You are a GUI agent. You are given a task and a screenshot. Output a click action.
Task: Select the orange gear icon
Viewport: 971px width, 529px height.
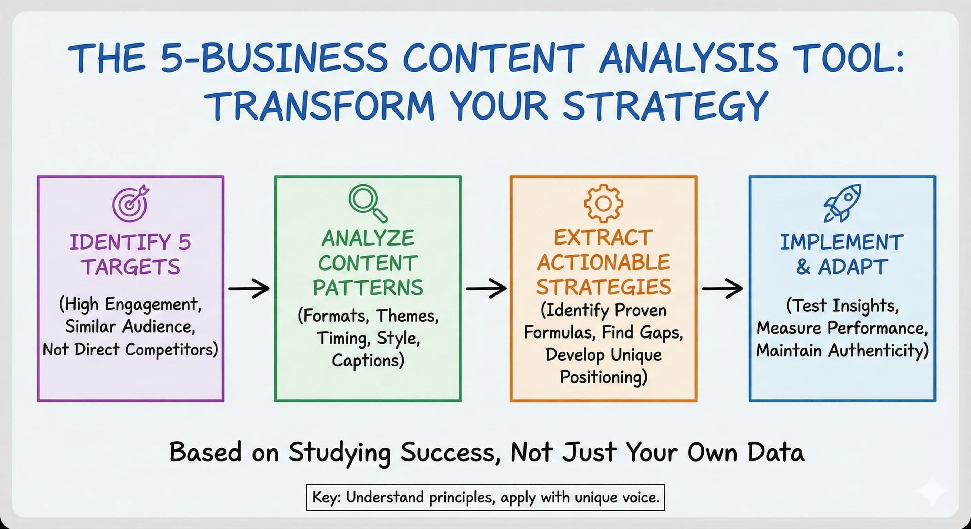(603, 203)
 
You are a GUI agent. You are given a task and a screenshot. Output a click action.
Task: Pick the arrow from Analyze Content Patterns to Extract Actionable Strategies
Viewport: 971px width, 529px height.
(486, 288)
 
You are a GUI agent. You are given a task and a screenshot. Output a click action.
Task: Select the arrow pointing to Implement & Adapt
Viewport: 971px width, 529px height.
(723, 288)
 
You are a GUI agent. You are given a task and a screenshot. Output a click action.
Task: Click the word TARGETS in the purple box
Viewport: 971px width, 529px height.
(131, 267)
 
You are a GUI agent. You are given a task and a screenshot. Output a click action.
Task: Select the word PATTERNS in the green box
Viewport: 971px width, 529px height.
(368, 288)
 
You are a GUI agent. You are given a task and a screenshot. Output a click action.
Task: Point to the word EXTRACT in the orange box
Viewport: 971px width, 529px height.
(603, 238)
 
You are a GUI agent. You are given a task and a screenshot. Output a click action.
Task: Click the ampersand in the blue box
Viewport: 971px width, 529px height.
(802, 267)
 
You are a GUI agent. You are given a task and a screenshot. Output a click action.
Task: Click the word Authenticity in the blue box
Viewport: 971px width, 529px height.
(878, 350)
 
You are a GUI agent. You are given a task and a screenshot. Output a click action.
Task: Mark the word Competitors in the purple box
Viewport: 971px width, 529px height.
(171, 350)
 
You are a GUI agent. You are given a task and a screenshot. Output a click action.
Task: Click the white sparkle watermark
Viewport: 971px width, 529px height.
(932, 490)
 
